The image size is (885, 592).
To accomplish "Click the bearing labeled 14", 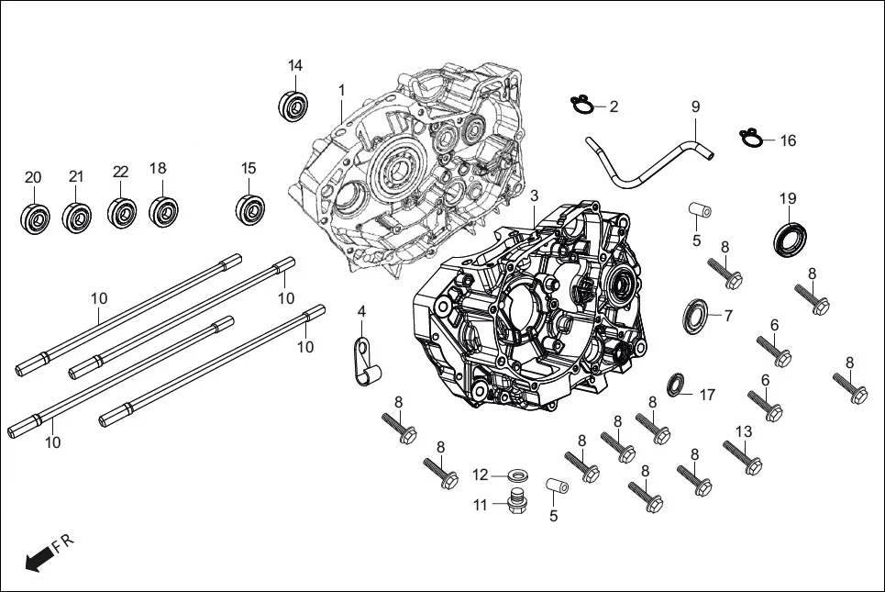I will pos(293,105).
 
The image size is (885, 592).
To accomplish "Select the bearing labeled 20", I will pos(34,218).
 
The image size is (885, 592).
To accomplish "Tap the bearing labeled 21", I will pos(77,217).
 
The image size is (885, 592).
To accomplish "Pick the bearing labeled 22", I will pos(121,212).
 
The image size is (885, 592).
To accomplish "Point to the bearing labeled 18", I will pos(162,210).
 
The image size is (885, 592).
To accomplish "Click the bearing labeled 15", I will pos(249,207).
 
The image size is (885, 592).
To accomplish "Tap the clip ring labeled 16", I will pos(751,139).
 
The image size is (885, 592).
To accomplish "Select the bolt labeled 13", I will pos(744,458).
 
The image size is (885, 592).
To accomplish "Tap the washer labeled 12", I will pos(518,475).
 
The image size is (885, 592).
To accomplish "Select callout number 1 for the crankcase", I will pos(341,91).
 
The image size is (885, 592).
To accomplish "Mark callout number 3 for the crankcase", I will pos(534,197).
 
